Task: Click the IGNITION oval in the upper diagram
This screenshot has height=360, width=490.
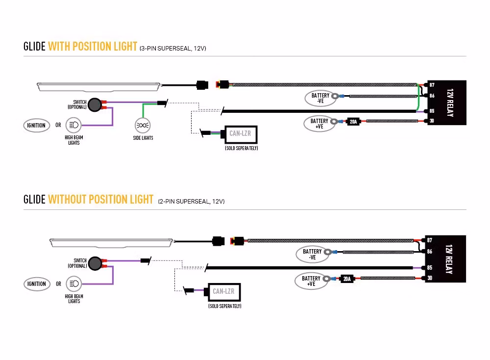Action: pos(36,125)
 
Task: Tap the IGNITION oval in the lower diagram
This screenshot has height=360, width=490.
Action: pos(36,283)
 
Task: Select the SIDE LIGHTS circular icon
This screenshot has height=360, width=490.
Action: pos(143,126)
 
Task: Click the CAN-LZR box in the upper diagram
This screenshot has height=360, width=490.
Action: pos(240,134)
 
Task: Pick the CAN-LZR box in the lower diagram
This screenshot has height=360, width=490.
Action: pos(223,292)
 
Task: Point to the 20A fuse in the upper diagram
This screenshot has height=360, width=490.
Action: pos(353,121)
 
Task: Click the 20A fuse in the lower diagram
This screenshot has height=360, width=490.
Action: pos(347,279)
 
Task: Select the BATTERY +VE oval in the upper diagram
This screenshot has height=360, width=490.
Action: pos(319,124)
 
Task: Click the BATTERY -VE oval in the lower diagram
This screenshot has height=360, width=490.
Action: pos(312,254)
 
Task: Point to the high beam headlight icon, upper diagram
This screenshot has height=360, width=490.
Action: pos(74,125)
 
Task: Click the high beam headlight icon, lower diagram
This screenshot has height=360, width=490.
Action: pos(74,283)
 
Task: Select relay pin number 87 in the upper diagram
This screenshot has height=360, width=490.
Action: pos(432,85)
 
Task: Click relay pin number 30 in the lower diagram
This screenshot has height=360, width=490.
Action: pos(430,278)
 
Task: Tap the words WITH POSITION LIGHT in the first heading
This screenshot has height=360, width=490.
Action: pos(93,47)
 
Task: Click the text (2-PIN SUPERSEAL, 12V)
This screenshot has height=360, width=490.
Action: pos(191,201)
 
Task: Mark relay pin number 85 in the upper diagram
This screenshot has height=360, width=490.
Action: pos(432,111)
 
